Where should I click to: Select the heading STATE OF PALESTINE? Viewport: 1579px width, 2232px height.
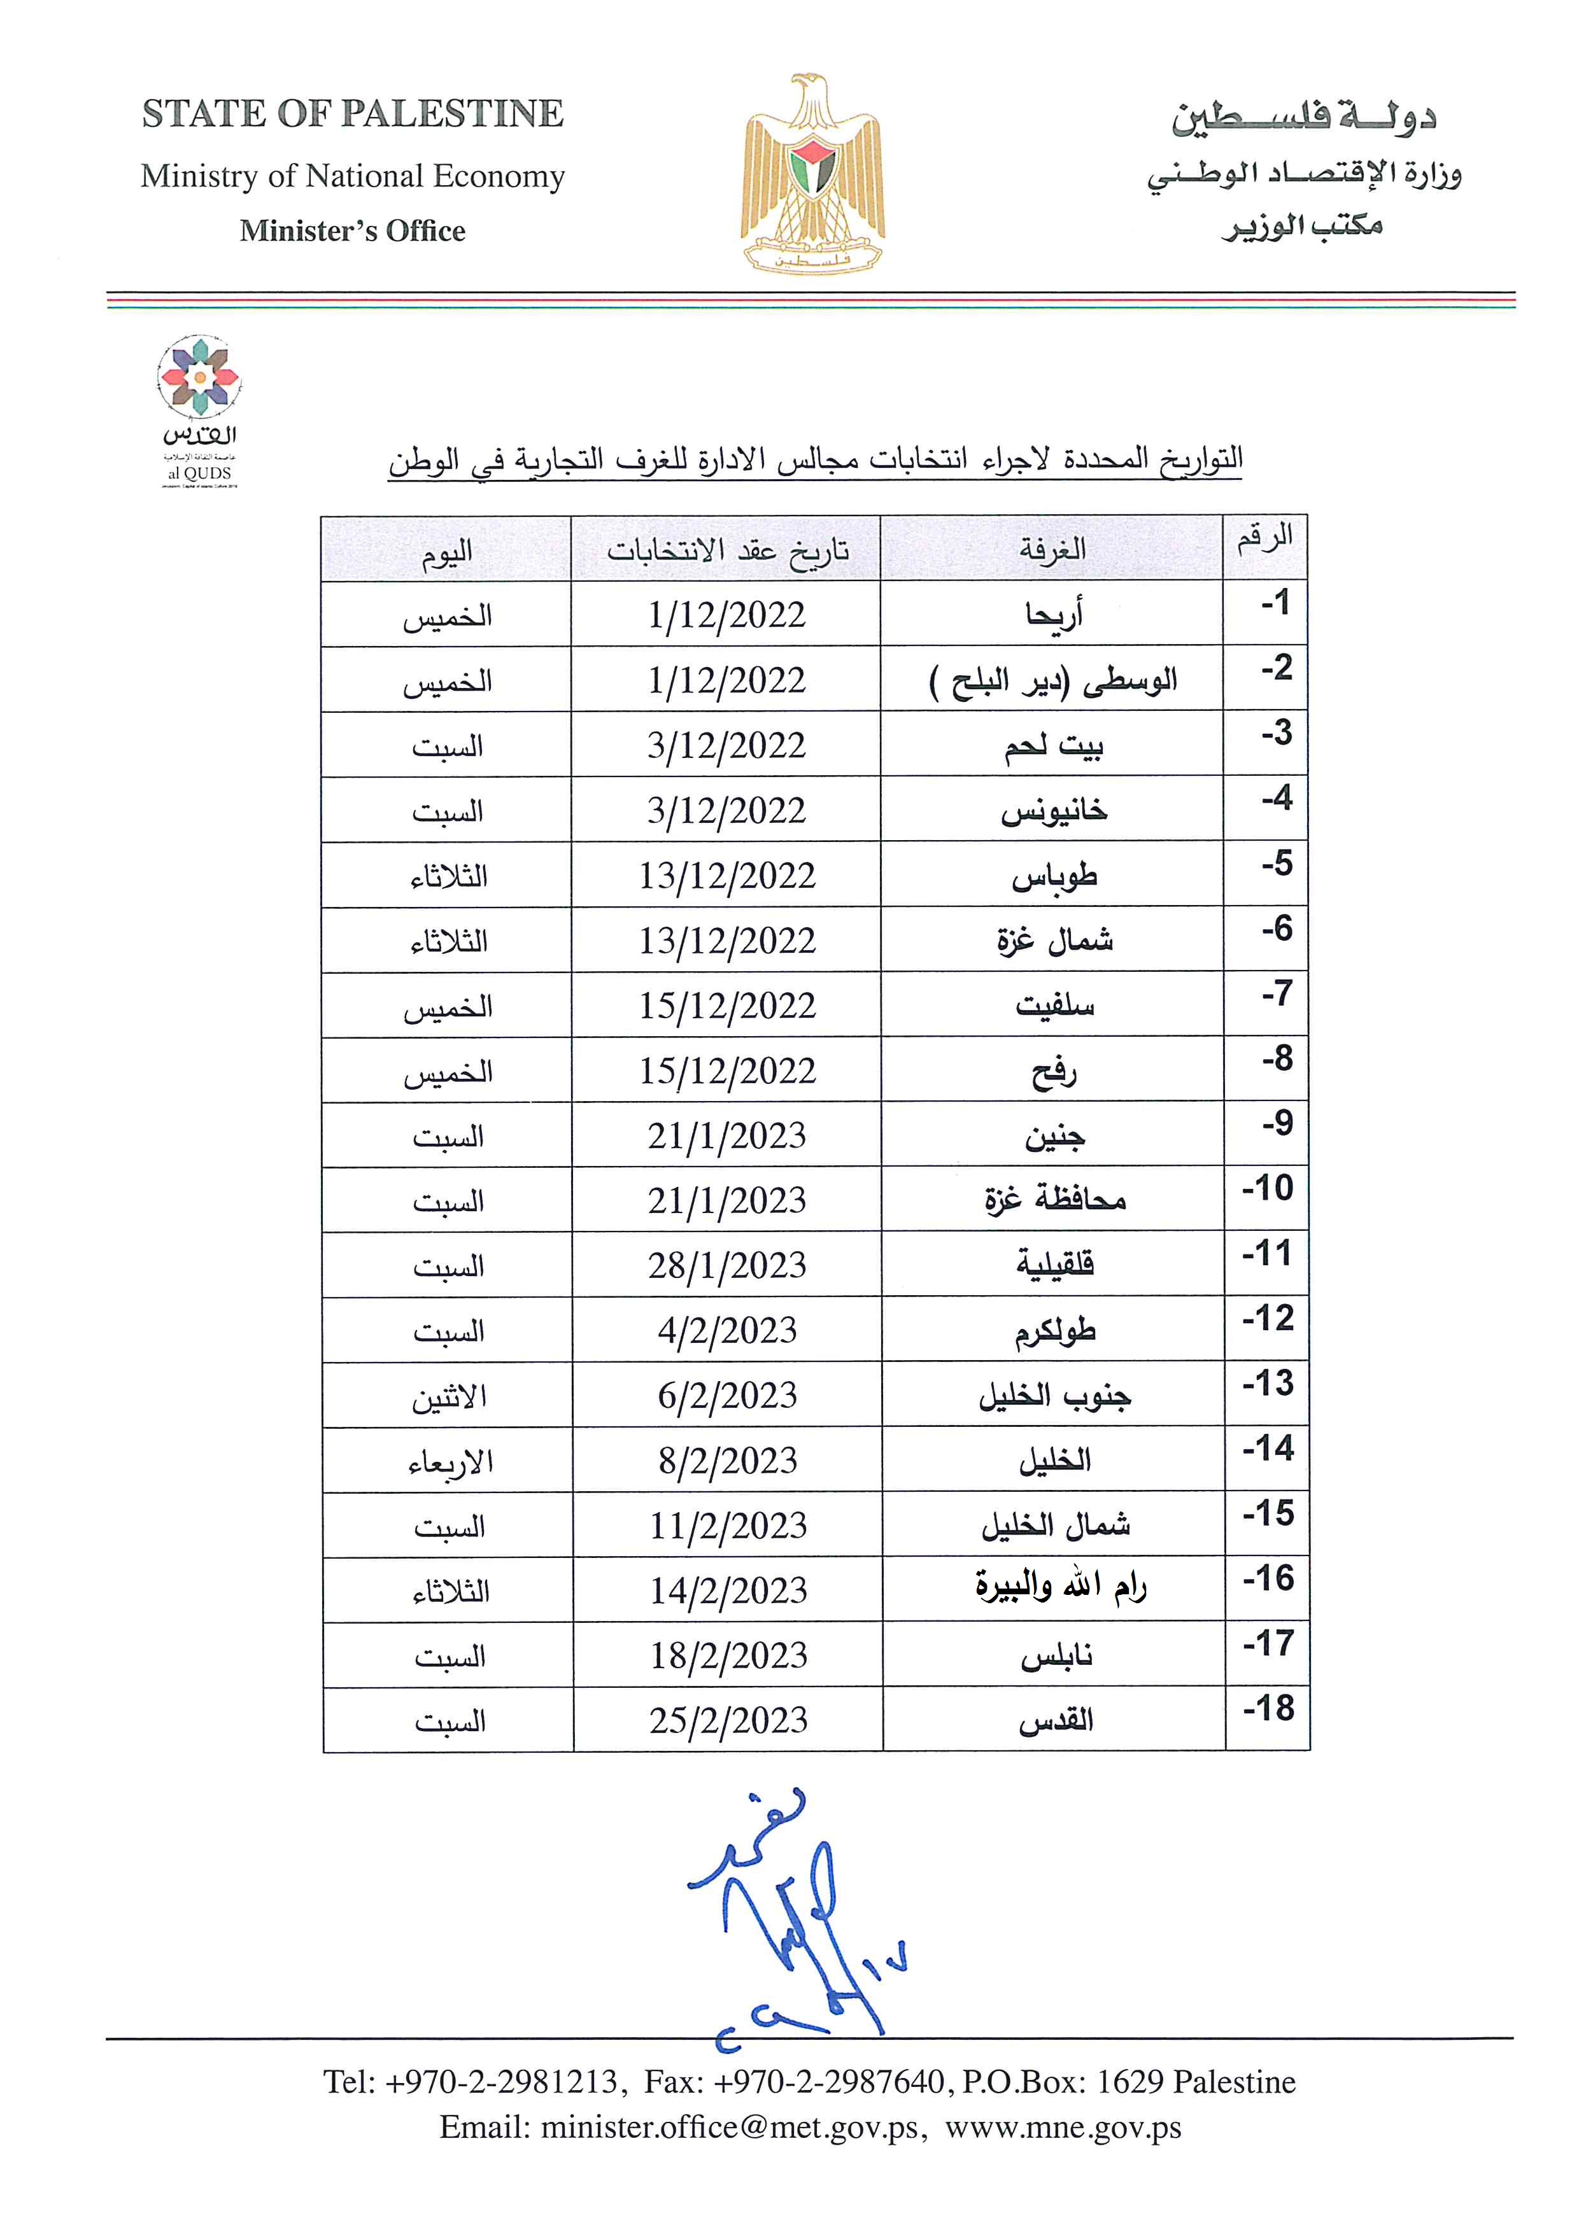pos(352,114)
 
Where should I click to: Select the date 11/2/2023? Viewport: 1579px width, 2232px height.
pos(728,1526)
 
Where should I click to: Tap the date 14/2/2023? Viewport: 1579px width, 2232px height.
pos(728,1591)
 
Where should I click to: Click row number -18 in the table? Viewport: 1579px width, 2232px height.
pos(1268,1708)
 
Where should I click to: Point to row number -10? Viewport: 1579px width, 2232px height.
pos(1268,1188)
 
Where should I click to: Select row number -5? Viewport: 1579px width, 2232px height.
pos(1277,863)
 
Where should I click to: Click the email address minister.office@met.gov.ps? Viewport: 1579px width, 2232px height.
pos(728,2128)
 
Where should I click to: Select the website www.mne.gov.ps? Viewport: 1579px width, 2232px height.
pos(1063,2128)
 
